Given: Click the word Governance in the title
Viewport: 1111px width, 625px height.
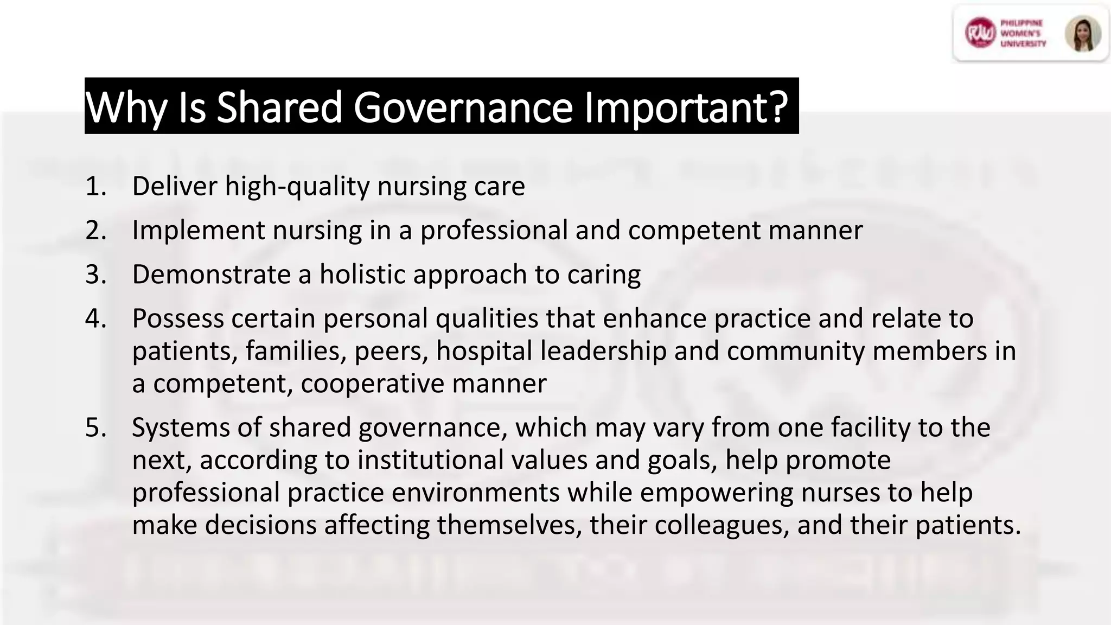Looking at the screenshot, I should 463,107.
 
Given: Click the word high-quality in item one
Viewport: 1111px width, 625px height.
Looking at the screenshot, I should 297,187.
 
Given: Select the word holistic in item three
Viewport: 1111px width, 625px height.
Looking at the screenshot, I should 362,274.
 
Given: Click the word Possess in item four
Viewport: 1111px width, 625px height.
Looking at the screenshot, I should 178,318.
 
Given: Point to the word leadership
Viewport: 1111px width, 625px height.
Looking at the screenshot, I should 603,352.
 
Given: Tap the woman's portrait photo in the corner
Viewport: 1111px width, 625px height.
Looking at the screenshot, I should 1083,34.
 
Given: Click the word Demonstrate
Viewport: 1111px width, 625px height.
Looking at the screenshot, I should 211,274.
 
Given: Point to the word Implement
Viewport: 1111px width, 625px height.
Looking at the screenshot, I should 199,231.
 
